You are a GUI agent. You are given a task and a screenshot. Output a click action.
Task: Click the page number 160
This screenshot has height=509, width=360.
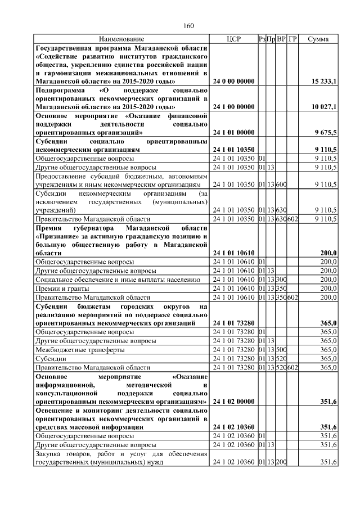point(188,26)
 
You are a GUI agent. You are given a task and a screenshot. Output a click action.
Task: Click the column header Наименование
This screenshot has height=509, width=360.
point(121,39)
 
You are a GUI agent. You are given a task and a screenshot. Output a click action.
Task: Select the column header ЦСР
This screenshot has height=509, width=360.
point(233,39)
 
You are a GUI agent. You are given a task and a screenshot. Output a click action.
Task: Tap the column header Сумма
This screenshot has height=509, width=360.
point(318,39)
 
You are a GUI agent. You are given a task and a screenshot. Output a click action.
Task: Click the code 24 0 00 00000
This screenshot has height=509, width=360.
point(233,82)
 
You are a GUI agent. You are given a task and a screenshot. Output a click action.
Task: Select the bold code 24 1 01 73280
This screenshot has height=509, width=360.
point(233,324)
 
